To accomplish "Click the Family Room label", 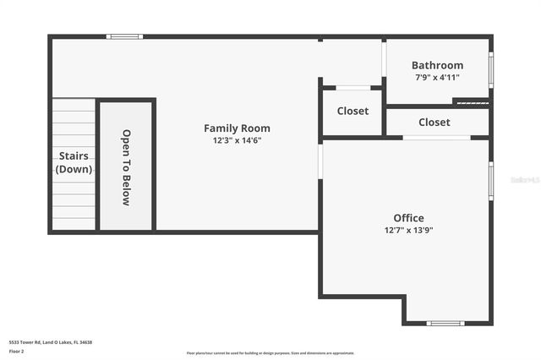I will (x=237, y=128).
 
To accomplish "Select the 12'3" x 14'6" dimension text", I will (x=237, y=141).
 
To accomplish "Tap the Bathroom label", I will (x=437, y=65).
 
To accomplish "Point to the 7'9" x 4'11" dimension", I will (x=437, y=77).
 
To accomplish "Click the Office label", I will (x=408, y=218).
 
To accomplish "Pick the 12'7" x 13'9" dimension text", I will (x=408, y=230).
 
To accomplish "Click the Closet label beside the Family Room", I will (x=352, y=111).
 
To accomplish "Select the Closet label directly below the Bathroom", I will (x=434, y=123).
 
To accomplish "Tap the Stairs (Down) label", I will (x=74, y=162).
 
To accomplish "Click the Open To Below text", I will (x=126, y=167).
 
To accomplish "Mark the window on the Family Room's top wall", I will (x=124, y=36).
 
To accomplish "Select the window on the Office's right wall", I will (x=491, y=181).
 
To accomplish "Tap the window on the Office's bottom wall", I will (x=445, y=323).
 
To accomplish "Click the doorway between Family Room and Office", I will (x=320, y=161).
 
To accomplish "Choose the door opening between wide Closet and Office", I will (x=436, y=137).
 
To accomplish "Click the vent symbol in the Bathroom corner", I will (x=471, y=103).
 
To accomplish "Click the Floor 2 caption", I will (x=17, y=350).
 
